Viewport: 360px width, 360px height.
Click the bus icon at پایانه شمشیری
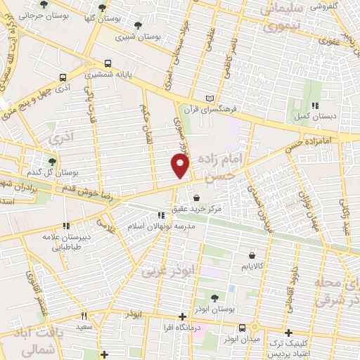pyautogui.click(x=108, y=63)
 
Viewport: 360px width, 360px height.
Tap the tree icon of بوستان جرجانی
pyautogui.click(x=44, y=5)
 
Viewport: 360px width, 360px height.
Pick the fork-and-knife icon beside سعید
pyautogui.click(x=83, y=316)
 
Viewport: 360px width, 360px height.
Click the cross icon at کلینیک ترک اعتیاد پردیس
pyautogui.click(x=288, y=333)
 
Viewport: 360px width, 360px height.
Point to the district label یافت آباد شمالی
pyautogui.click(x=35, y=337)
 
